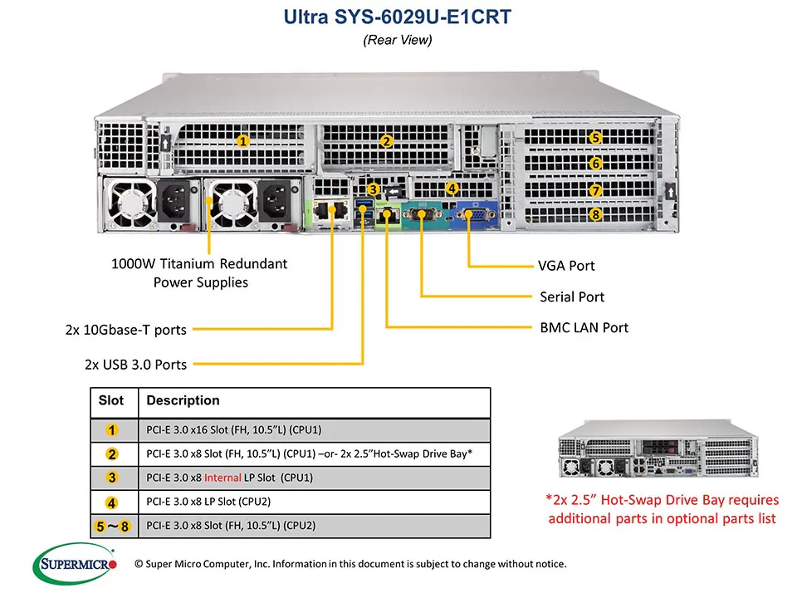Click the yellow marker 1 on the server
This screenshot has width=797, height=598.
point(242,140)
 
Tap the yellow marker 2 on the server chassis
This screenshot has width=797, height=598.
point(386,141)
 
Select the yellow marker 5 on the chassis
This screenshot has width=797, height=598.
point(595,138)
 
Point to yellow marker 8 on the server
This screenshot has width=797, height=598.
point(595,215)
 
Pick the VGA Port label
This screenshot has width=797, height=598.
point(567,266)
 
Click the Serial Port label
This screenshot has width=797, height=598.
point(572,297)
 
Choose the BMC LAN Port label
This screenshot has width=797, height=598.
point(584,327)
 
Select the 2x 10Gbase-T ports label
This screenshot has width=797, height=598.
point(126,330)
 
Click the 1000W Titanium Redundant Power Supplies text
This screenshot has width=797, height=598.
point(199,273)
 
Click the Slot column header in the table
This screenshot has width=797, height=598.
point(111,400)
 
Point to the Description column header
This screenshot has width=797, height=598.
point(183,400)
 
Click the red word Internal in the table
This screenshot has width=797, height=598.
point(222,478)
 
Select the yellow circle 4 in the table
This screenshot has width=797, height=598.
point(112,502)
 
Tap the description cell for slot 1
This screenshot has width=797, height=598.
point(234,429)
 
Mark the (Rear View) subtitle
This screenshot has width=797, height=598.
point(398,39)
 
